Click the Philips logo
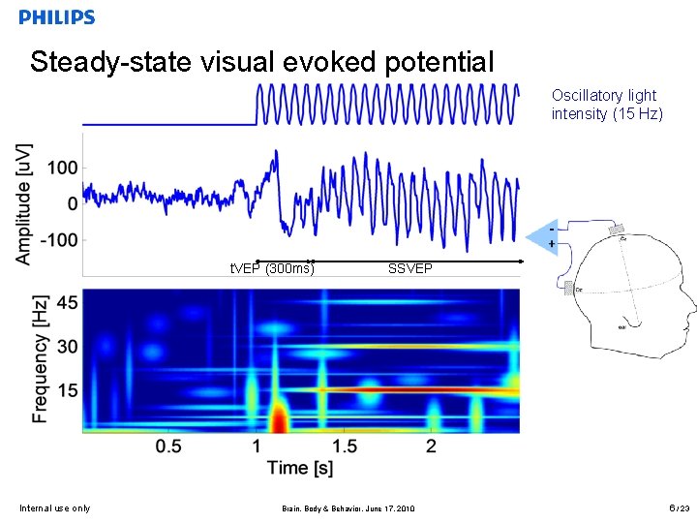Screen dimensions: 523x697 pos(57,17)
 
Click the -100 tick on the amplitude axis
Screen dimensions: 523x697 pos(58,240)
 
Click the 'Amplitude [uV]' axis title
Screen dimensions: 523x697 pos(23,203)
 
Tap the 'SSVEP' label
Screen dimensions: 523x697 pos(410,268)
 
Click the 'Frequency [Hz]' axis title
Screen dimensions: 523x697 pos(41,358)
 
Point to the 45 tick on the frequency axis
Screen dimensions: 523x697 pos(66,303)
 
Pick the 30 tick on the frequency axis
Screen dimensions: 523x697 pos(66,347)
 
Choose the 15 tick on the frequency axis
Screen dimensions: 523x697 pos(66,390)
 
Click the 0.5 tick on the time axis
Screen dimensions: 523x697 pos(168,446)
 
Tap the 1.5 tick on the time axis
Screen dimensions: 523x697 pos(344,446)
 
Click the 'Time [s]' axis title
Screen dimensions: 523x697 pos(300,469)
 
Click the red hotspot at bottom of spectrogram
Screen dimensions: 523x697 pos(279,418)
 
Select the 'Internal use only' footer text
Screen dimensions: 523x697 pos(54,508)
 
